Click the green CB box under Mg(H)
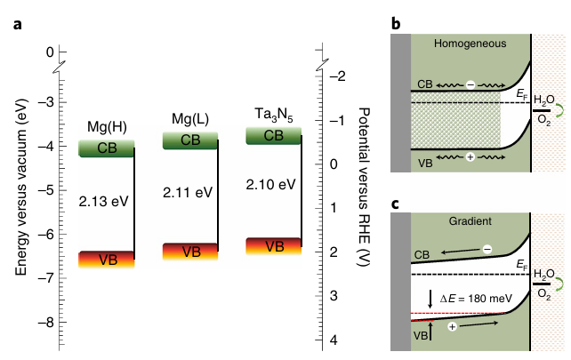coord(106,148)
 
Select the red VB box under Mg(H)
coord(106,260)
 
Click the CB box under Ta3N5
coord(274,135)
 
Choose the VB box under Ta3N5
coord(274,246)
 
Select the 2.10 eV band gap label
coord(270,185)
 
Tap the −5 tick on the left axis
coord(44,190)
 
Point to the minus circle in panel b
coord(469,84)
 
